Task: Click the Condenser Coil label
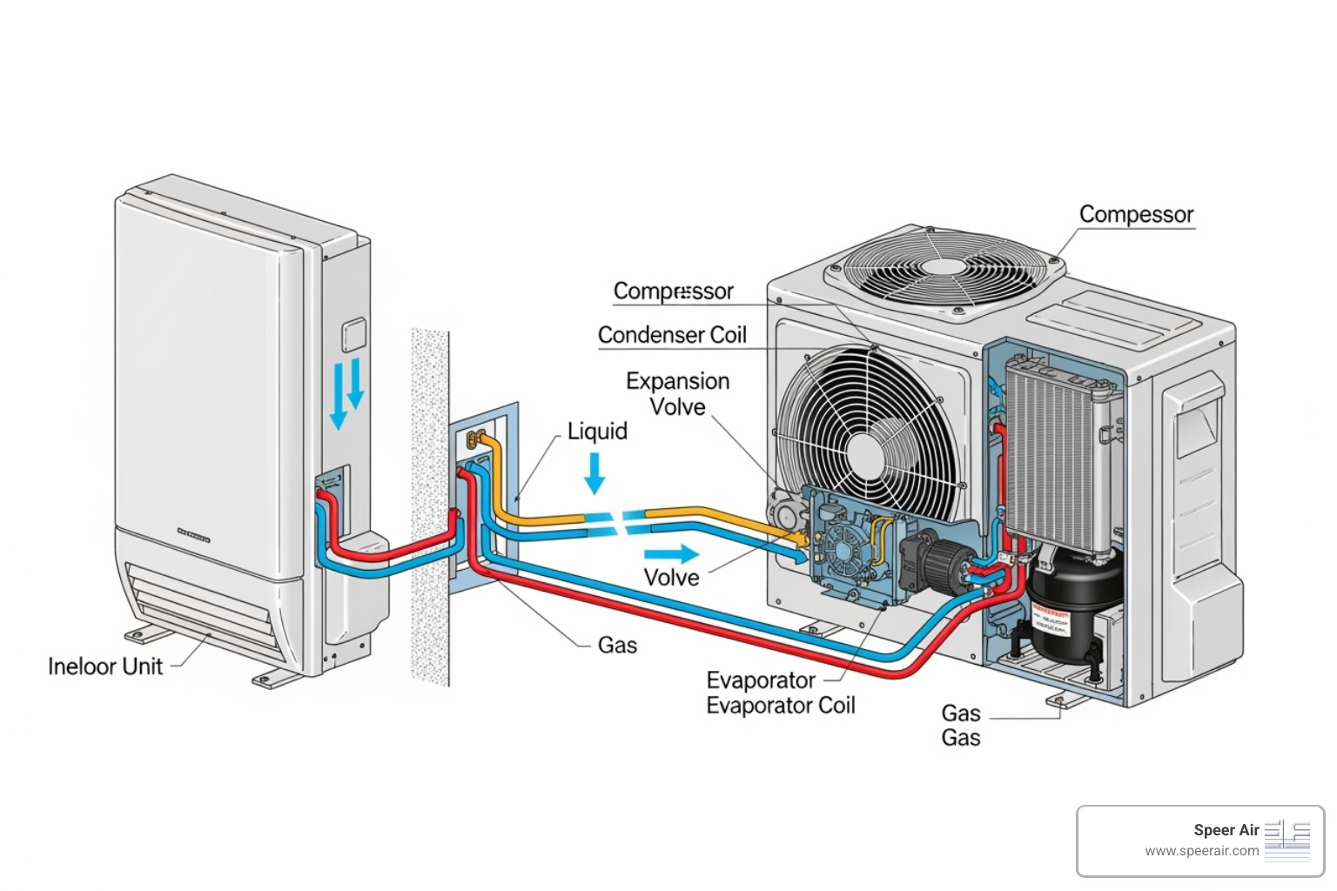672,335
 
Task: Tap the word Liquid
597,432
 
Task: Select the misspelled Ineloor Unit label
105,667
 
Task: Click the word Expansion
677,381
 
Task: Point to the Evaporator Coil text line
780,706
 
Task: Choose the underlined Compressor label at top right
1136,215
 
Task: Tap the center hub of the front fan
864,452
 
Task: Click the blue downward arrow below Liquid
595,473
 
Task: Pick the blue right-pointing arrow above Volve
672,553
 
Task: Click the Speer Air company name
1226,830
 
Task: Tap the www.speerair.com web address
1201,851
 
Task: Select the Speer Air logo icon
1287,840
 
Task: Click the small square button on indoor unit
353,335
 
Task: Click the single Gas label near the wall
617,646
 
